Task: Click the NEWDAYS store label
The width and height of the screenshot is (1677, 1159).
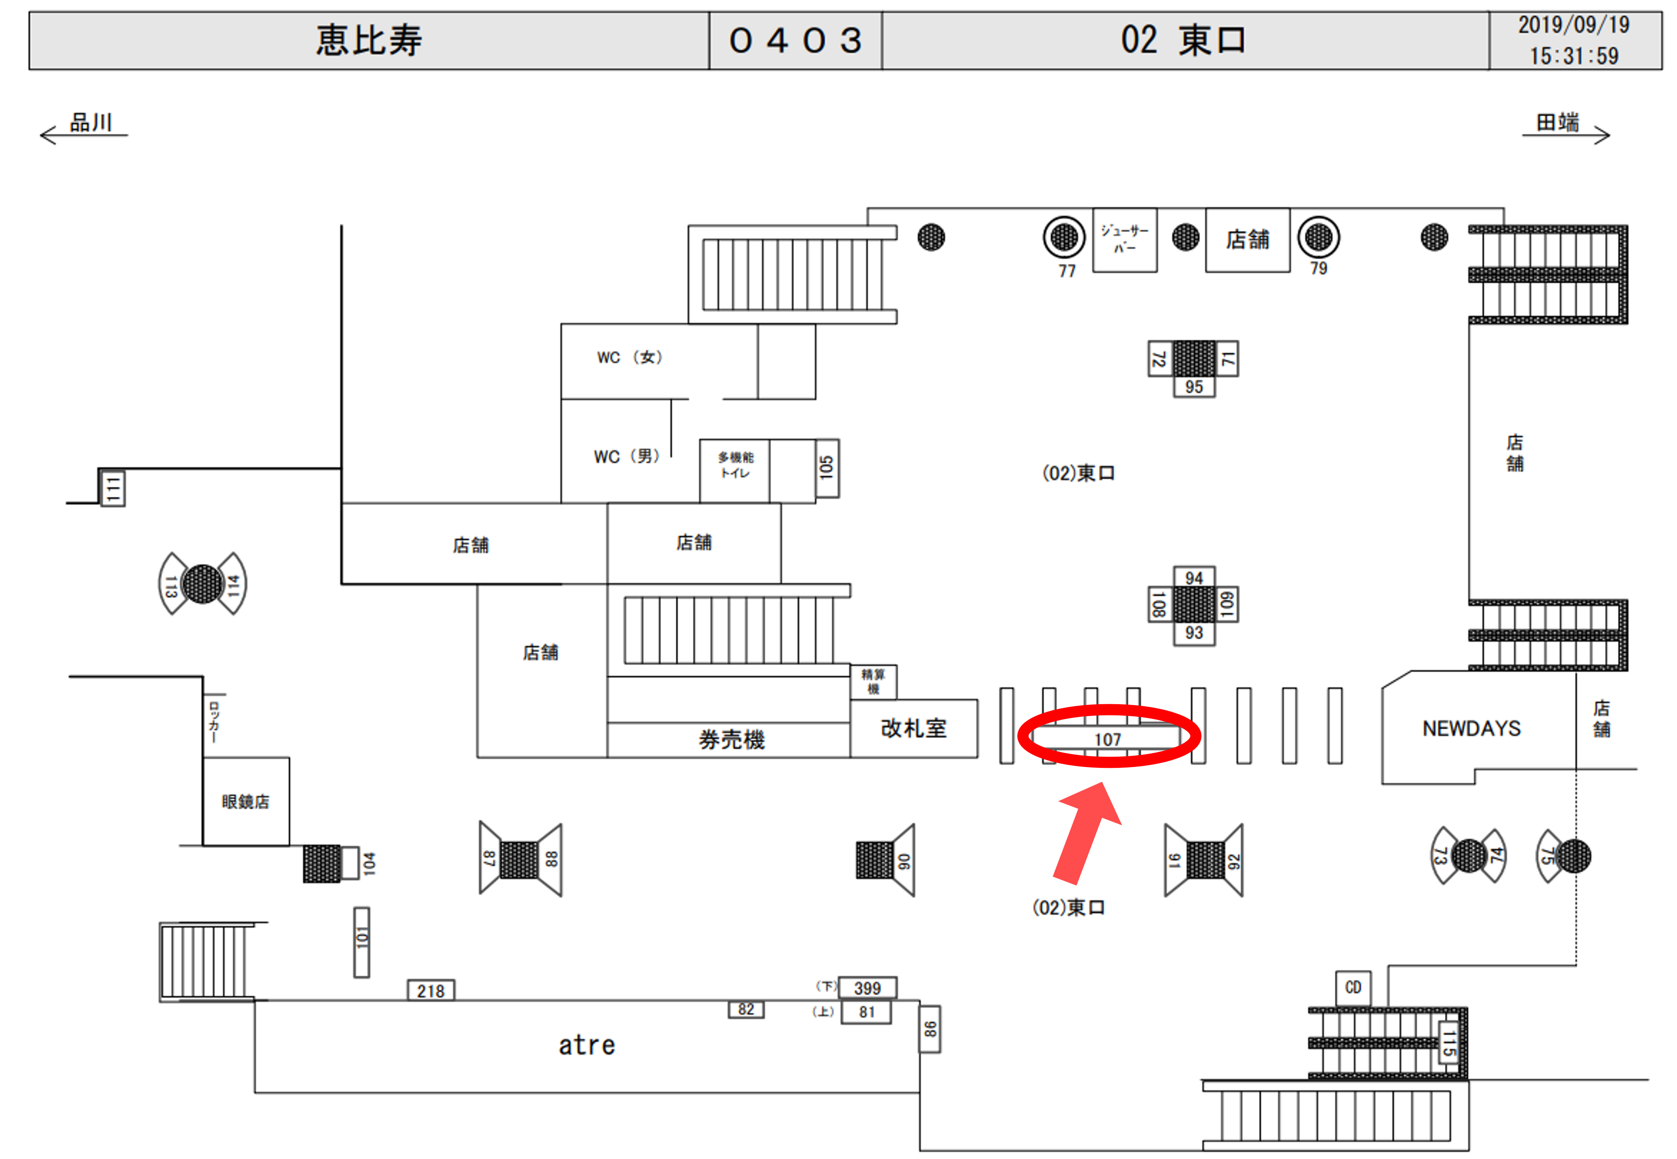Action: (x=1471, y=728)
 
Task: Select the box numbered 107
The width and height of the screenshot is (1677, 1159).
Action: (x=1108, y=739)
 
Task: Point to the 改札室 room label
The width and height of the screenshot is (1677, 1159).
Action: (x=914, y=728)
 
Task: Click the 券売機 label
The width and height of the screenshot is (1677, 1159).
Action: (x=731, y=740)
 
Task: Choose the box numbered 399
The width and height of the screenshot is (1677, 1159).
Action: (x=867, y=988)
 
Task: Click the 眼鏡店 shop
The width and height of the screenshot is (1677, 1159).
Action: (x=245, y=802)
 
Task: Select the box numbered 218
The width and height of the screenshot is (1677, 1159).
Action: (x=431, y=991)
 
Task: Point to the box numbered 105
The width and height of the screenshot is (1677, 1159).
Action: (x=827, y=468)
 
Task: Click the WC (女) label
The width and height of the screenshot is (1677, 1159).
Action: (x=630, y=357)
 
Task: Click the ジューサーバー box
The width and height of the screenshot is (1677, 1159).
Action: (x=1124, y=239)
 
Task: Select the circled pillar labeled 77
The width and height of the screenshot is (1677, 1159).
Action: (x=1064, y=237)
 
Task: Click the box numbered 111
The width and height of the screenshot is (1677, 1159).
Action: (x=113, y=488)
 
